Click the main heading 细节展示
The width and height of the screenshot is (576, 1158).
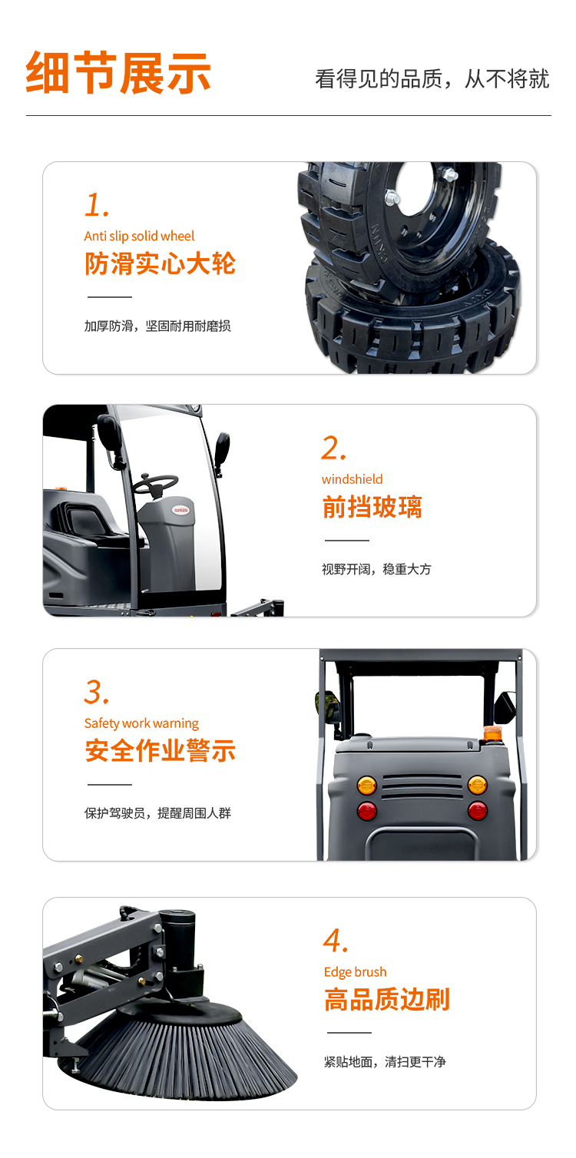118,72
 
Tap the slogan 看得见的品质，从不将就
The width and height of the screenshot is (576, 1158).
432,79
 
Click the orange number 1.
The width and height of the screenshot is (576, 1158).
97,205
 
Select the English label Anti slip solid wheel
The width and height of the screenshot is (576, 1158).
139,237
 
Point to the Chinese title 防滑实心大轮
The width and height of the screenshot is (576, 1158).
161,263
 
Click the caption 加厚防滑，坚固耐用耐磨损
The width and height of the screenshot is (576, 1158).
157,326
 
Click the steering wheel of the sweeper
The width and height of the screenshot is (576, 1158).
154,484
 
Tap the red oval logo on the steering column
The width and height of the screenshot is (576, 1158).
181,510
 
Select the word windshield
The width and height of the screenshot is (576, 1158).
352,479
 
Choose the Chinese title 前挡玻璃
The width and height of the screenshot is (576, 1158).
372,507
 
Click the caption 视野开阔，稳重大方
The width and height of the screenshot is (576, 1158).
376,569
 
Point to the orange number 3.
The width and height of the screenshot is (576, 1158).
97,692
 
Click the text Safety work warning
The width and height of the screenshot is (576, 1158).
141,723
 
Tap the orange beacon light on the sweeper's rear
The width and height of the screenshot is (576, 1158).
492,733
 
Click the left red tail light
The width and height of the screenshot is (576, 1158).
366,811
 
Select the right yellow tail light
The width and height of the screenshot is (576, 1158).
477,786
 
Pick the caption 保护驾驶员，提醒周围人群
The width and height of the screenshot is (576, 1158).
157,813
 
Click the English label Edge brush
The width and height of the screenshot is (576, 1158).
356,972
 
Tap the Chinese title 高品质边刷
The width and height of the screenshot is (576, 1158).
387,999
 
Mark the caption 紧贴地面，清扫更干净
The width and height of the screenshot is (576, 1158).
385,1062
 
